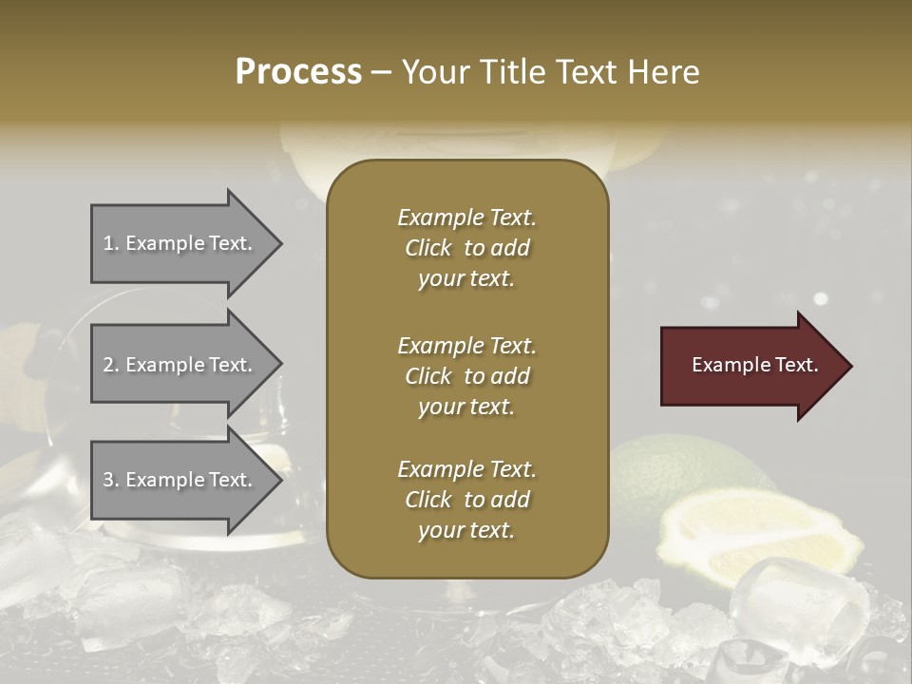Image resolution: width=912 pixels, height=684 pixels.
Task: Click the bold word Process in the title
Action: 298,72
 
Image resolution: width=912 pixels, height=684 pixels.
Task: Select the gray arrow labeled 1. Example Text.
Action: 180,243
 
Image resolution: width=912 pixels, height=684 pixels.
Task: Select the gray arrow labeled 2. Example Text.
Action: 180,365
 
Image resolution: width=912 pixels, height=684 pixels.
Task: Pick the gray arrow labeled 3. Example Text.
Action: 180,480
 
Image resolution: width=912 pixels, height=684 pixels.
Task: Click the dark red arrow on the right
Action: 750,366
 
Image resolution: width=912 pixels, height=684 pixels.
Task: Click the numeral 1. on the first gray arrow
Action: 111,243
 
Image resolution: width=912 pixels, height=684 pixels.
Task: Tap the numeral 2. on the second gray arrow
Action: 111,365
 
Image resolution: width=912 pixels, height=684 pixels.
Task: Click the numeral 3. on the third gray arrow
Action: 111,480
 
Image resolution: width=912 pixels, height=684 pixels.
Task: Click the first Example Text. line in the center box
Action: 466,218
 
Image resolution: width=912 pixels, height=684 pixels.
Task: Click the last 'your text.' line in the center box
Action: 466,530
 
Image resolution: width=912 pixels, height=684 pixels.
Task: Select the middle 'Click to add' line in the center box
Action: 466,376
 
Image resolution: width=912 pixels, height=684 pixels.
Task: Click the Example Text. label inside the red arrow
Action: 755,365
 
